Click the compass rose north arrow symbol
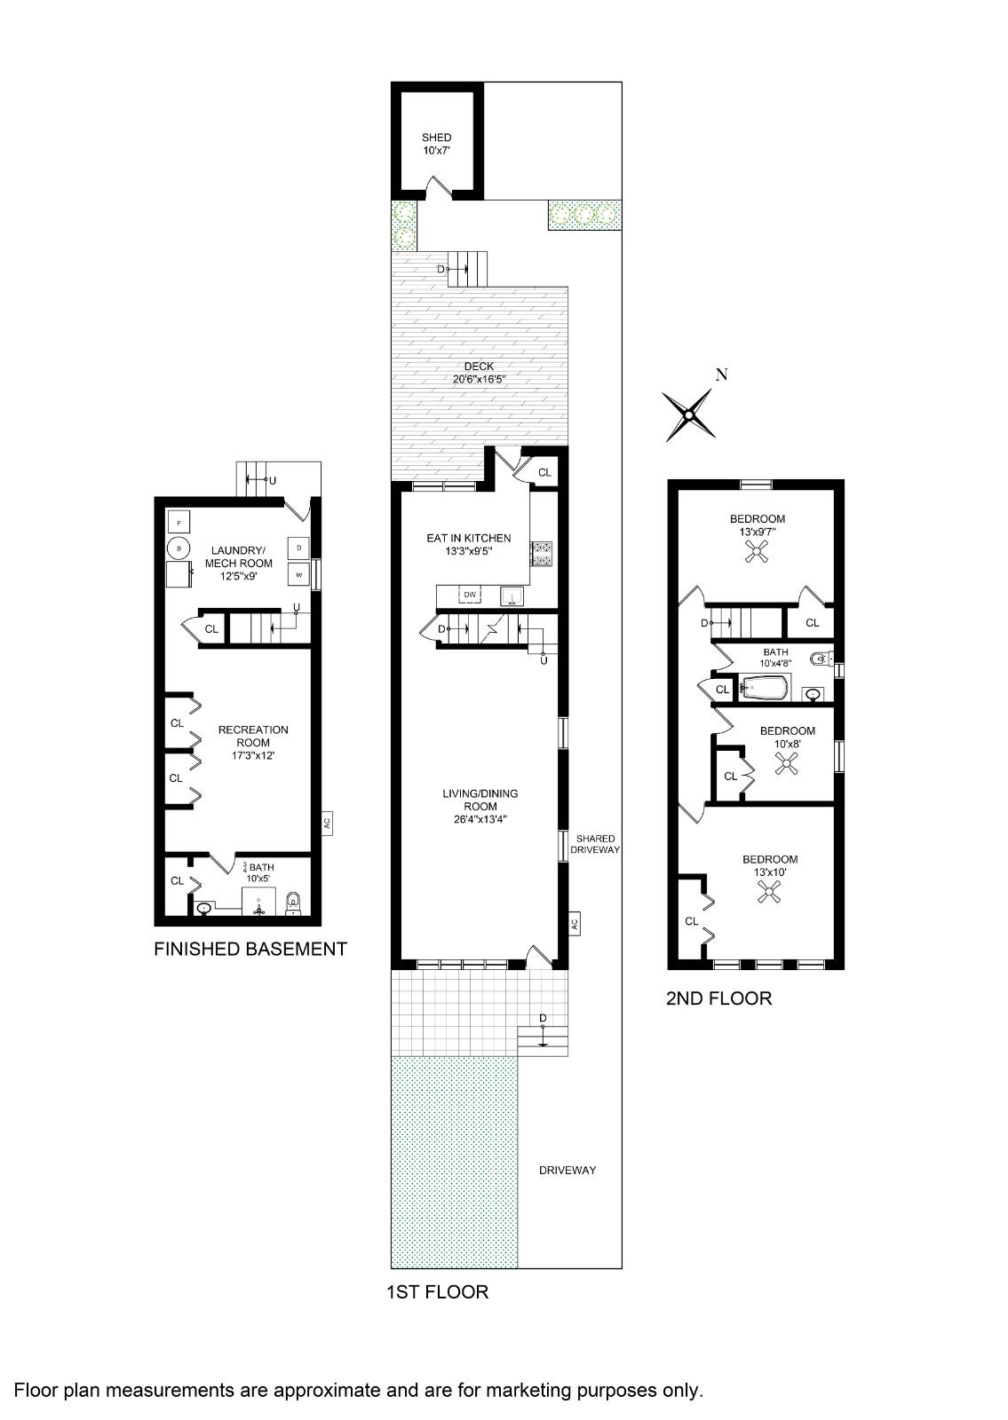pos(689,415)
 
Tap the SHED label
pos(436,138)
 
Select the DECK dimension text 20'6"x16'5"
pos(479,380)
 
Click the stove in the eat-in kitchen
pos(542,553)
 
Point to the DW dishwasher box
pos(470,595)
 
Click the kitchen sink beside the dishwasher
pos(511,596)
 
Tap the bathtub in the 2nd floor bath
pos(764,688)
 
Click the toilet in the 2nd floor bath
pos(821,659)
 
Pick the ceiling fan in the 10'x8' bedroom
pos(787,764)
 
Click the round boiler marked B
pos(179,548)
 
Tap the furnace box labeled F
pos(179,523)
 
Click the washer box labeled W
pos(298,575)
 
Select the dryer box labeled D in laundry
pos(298,548)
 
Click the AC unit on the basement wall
pos(327,823)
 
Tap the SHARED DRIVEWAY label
pos(595,844)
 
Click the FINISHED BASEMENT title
pos(250,949)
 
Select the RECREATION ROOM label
pos(253,736)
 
